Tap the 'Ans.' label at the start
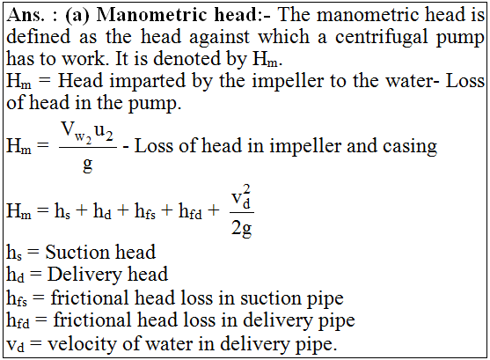point(26,15)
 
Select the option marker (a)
point(77,15)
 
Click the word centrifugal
point(381,38)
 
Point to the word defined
point(39,36)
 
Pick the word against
point(219,38)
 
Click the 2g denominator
point(241,229)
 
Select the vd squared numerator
point(241,197)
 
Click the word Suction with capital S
point(78,252)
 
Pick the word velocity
point(82,344)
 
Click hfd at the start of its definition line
point(18,320)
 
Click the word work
point(84,58)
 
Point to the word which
point(284,36)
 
